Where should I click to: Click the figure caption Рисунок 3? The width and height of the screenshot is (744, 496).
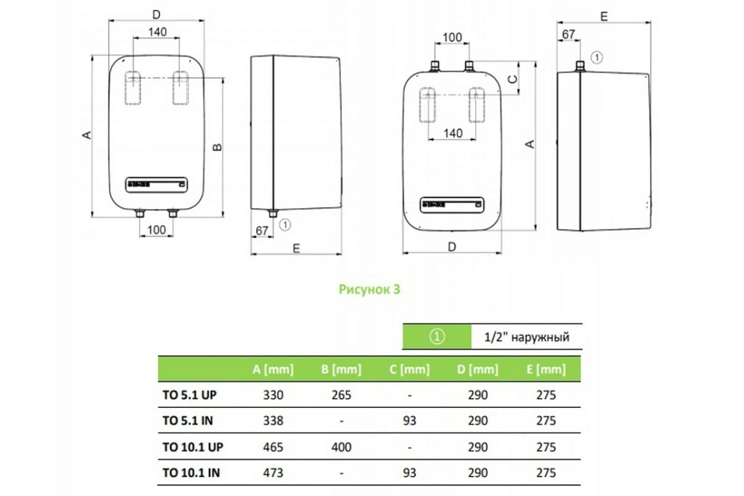click(370, 289)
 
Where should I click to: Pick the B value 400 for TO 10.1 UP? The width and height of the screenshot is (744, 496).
click(341, 447)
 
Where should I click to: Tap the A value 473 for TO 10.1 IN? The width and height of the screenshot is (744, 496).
click(273, 473)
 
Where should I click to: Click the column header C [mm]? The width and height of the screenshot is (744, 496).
click(409, 370)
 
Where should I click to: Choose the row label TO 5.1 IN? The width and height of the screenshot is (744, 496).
click(188, 421)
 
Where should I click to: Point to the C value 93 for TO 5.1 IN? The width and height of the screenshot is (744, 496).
click(409, 421)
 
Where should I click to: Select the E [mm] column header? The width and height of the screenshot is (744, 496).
click(546, 370)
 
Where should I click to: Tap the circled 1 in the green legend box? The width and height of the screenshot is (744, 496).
click(437, 338)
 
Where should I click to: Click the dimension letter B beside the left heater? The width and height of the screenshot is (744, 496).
click(218, 147)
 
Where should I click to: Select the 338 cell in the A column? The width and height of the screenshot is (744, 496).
click(273, 421)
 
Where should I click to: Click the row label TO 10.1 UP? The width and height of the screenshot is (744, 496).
click(192, 447)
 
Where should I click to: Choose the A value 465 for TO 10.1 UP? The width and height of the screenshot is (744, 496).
click(273, 447)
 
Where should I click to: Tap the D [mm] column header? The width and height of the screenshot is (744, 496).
click(477, 370)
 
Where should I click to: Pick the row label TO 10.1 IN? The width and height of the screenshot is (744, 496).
click(191, 473)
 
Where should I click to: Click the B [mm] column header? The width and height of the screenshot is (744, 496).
click(341, 370)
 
